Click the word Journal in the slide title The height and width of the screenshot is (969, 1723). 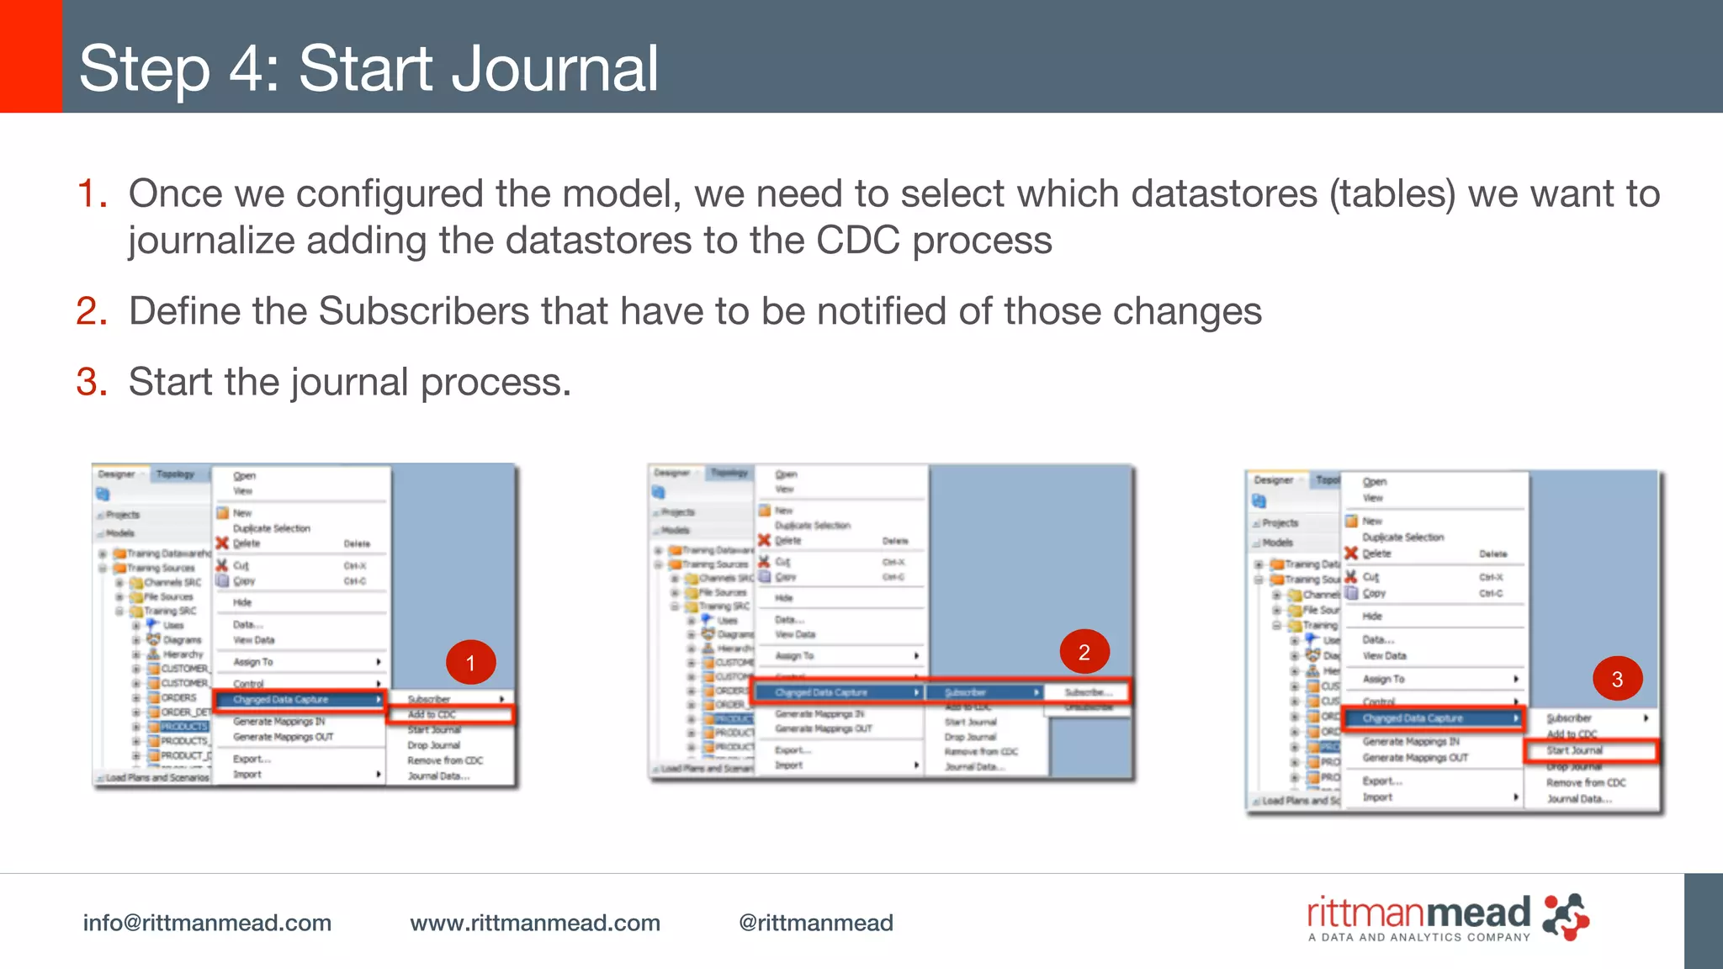pyautogui.click(x=554, y=69)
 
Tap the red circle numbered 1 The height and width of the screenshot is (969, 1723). pyautogui.click(x=470, y=663)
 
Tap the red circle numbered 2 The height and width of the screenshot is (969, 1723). pyautogui.click(x=1084, y=652)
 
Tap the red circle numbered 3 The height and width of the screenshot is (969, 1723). pyautogui.click(x=1617, y=680)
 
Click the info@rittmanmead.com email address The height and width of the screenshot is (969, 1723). pyautogui.click(x=207, y=923)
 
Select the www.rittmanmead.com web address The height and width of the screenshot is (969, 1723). pyautogui.click(x=535, y=923)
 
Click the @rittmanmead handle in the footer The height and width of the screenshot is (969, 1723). pyautogui.click(x=815, y=923)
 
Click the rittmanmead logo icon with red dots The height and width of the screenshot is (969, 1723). pyautogui.click(x=1566, y=917)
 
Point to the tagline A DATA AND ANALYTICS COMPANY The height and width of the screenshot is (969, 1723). pyautogui.click(x=1418, y=937)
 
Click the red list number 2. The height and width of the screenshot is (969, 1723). pyautogui.click(x=91, y=311)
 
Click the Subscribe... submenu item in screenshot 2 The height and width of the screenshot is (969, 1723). pyautogui.click(x=1088, y=692)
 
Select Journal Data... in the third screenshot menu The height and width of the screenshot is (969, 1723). pyautogui.click(x=1578, y=798)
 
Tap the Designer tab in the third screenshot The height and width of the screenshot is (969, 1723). pyautogui.click(x=1274, y=480)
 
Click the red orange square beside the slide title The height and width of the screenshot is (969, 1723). pyautogui.click(x=30, y=56)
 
